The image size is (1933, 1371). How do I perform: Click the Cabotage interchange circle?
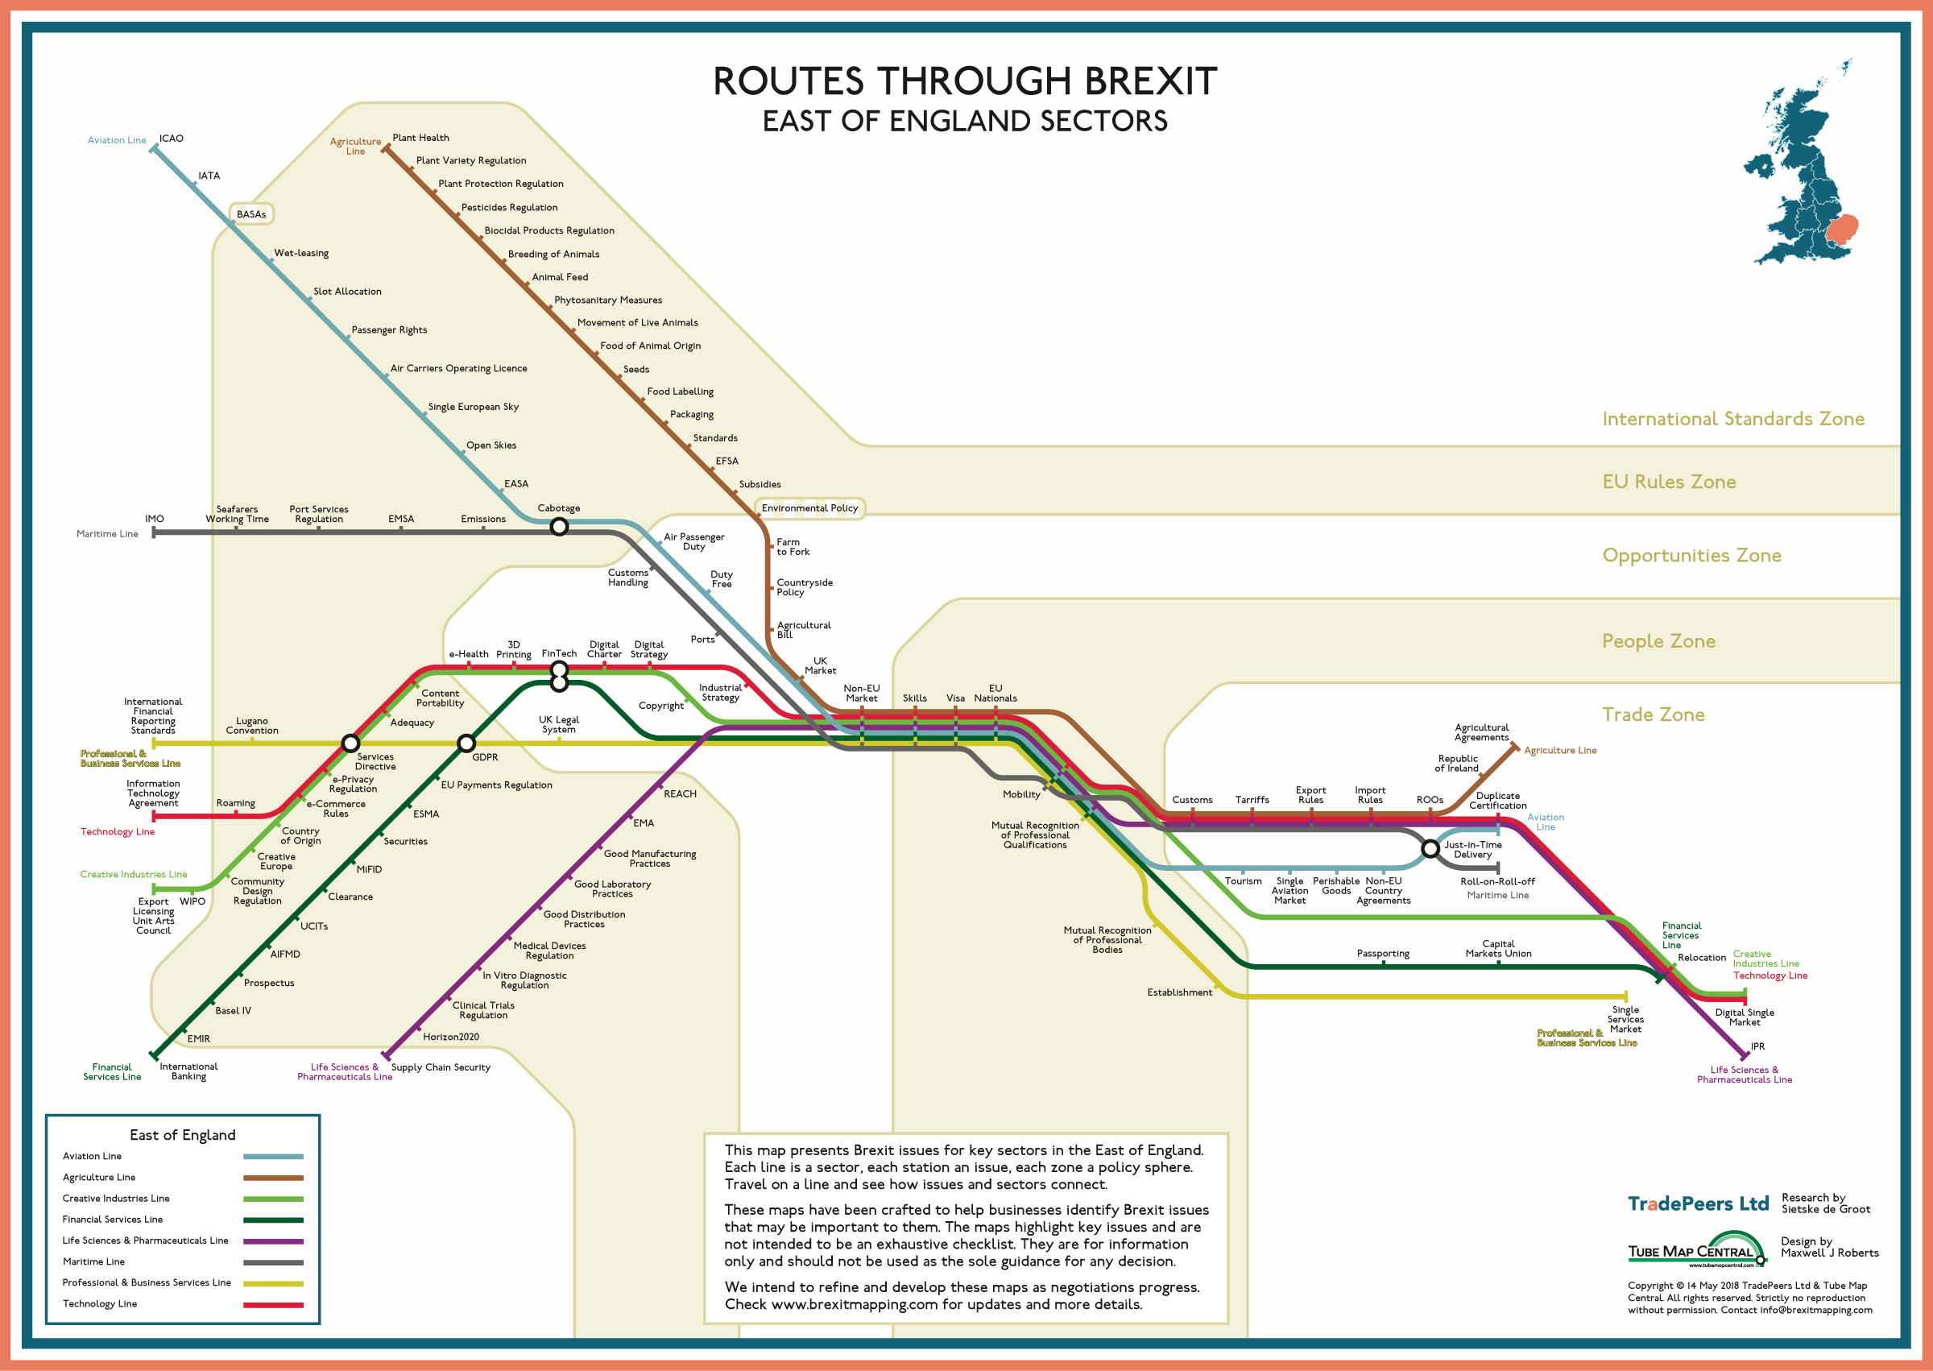point(559,527)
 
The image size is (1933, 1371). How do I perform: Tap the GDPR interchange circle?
point(466,743)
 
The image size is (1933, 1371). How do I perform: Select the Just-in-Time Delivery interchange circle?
point(1430,848)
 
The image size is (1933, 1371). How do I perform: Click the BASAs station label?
point(250,214)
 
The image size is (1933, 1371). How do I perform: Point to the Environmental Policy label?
point(809,508)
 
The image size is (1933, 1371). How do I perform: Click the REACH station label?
point(680,793)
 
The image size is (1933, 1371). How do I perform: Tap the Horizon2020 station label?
point(451,1037)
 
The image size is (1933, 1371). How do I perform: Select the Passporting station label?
point(1383,954)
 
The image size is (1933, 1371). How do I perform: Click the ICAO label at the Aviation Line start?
point(172,139)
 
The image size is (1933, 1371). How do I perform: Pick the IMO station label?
point(155,520)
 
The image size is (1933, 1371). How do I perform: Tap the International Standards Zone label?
point(1733,419)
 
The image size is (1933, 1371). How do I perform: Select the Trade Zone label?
point(1653,715)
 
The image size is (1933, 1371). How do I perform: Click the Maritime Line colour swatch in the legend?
point(274,1263)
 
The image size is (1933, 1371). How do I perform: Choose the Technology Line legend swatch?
point(274,1305)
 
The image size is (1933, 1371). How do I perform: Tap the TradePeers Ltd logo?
point(1698,1203)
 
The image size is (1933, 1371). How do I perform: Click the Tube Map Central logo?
point(1697,1251)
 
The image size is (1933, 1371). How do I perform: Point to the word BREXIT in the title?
point(1150,82)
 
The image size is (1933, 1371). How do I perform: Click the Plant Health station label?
point(420,138)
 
